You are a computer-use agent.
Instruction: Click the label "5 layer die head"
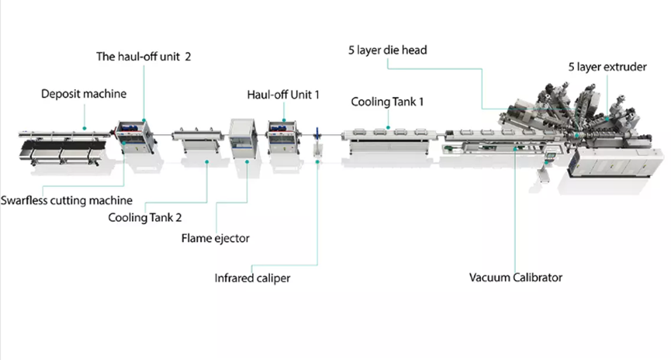[387, 50]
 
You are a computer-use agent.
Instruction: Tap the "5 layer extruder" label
[607, 67]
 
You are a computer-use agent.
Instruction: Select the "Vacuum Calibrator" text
[516, 278]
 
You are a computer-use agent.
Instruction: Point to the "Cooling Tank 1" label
[387, 102]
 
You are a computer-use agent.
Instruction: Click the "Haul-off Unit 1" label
[283, 95]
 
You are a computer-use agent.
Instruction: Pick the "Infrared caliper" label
[252, 279]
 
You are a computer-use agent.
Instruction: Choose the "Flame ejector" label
[215, 238]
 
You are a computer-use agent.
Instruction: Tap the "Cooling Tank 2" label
[145, 217]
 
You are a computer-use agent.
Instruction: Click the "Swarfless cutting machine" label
[67, 200]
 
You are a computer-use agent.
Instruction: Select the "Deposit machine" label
[84, 94]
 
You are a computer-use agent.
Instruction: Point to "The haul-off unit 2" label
[144, 57]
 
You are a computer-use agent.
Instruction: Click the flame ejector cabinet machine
[243, 138]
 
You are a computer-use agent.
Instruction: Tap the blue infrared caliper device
[317, 134]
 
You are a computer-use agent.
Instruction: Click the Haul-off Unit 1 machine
[282, 137]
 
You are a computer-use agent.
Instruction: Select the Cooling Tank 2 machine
[198, 139]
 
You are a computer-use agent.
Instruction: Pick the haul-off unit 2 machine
[135, 137]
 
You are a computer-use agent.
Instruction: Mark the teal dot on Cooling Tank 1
[388, 127]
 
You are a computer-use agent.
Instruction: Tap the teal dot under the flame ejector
[247, 162]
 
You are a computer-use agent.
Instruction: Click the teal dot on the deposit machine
[85, 128]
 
